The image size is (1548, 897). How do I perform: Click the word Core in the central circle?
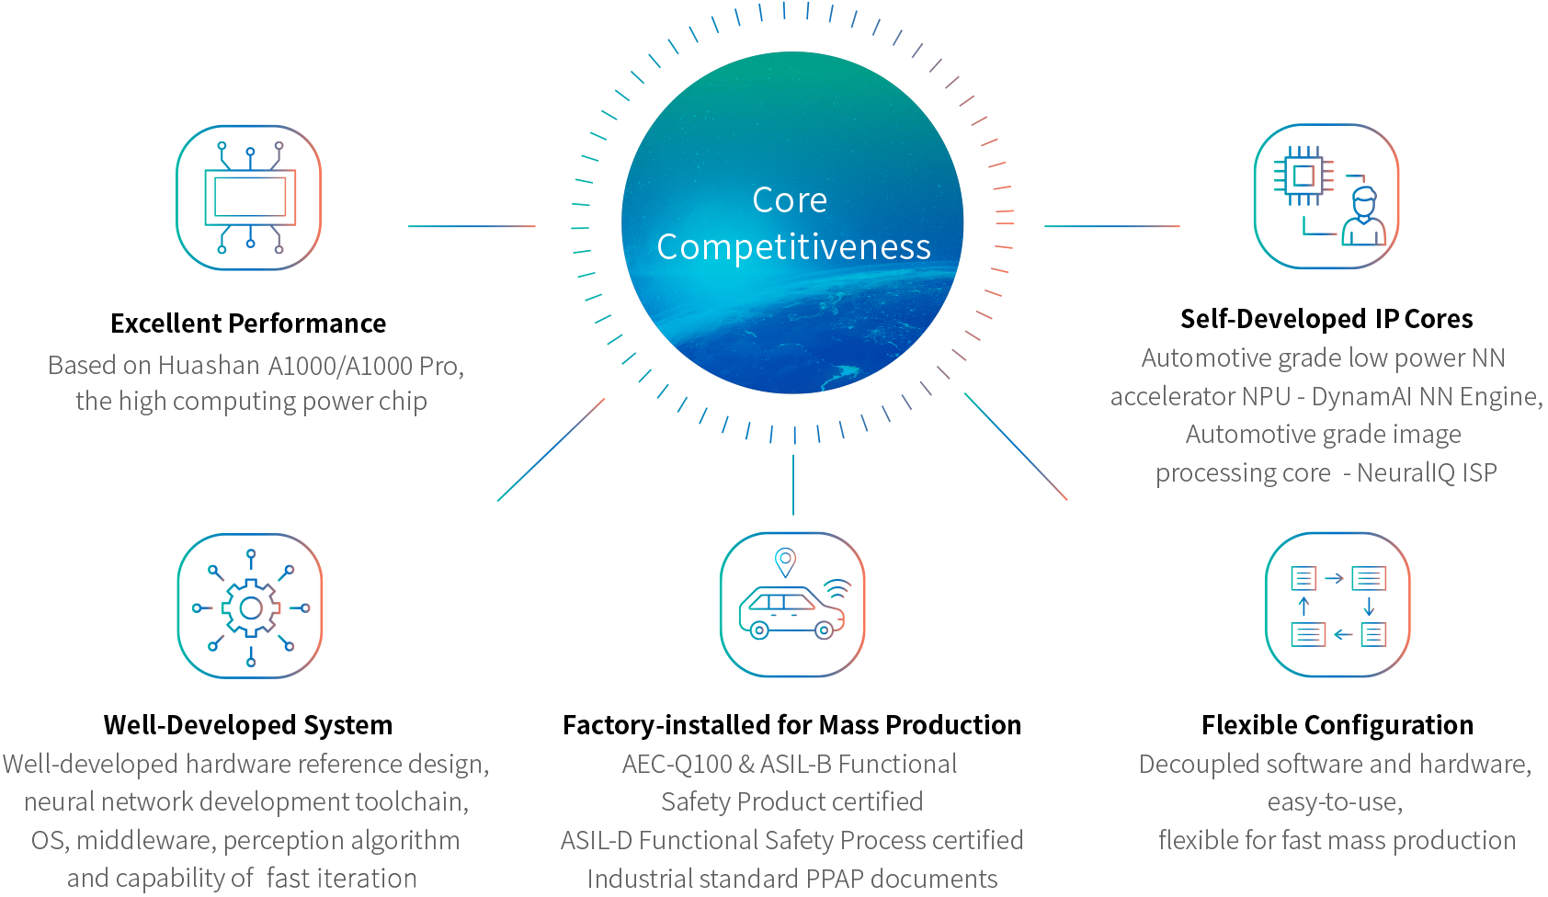(790, 200)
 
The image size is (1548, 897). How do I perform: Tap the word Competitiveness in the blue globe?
(793, 247)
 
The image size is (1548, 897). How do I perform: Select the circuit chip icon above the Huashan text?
(249, 198)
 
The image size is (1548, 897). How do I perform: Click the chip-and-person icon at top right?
(1326, 197)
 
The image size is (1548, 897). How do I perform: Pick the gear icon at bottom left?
(250, 607)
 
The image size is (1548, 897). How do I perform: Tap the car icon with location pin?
(791, 605)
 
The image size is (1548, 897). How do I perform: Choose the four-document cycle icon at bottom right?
(1337, 606)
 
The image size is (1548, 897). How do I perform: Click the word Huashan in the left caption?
(209, 365)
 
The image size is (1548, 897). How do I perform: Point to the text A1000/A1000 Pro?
(363, 366)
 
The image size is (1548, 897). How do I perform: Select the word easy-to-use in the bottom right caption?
(1335, 803)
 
